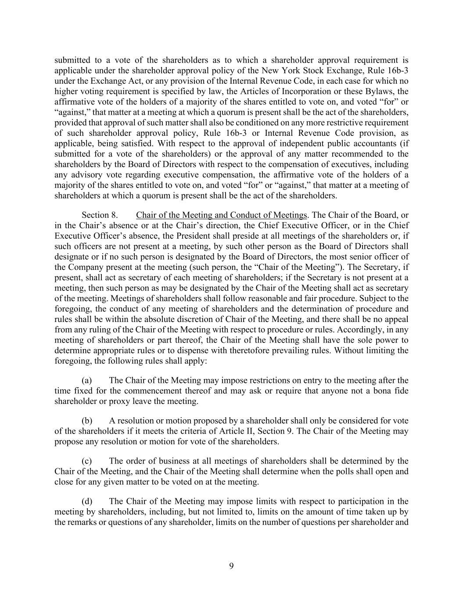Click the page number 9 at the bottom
pyautogui.click(x=231, y=566)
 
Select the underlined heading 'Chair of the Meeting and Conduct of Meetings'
pyautogui.click(x=221, y=215)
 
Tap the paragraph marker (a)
pyautogui.click(x=87, y=380)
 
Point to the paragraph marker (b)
pyautogui.click(x=87, y=421)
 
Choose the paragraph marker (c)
pyautogui.click(x=87, y=461)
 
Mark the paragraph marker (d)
pyautogui.click(x=87, y=501)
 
